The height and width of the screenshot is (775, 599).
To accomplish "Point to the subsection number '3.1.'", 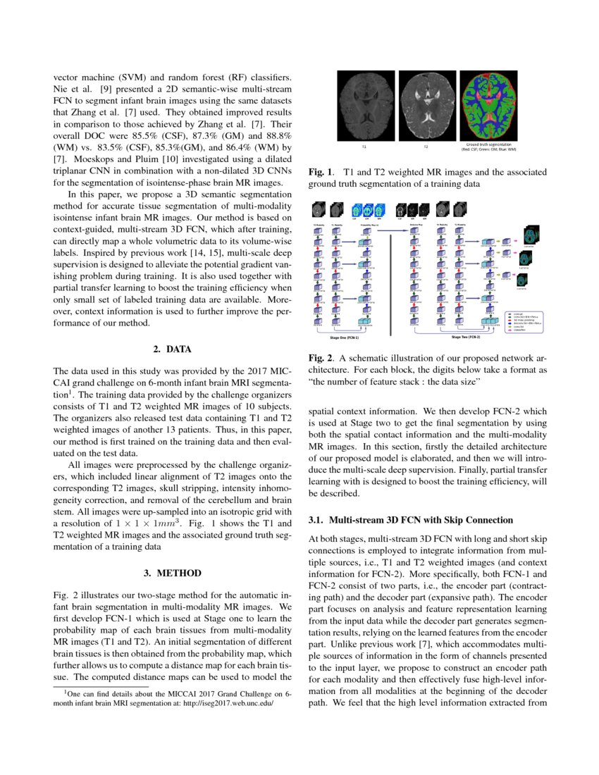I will click(x=318, y=520).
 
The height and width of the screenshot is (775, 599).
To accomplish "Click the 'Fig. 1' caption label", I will click(x=321, y=171).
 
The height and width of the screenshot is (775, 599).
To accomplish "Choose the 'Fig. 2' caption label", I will click(x=321, y=358).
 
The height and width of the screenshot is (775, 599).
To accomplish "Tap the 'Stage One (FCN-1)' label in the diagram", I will click(x=350, y=337).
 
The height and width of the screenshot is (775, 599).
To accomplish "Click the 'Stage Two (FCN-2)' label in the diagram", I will click(x=466, y=337).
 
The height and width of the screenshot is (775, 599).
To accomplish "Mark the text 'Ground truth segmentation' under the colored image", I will click(x=489, y=144).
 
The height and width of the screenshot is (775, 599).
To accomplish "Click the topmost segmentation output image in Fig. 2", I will click(x=533, y=236).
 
